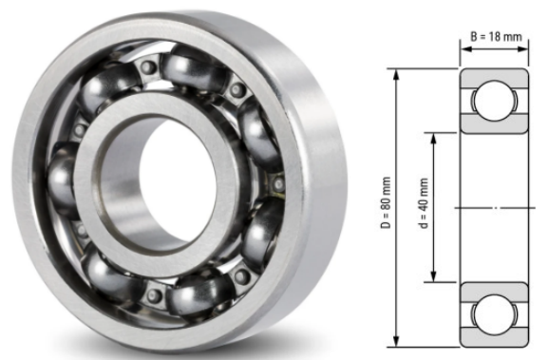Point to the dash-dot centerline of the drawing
[494, 207]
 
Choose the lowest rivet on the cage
[152, 296]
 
